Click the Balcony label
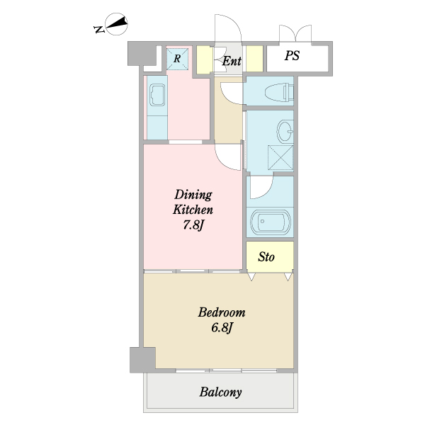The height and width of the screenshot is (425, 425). pos(220,392)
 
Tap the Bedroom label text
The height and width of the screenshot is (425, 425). pos(222,312)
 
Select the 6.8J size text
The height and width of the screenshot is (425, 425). pos(222,328)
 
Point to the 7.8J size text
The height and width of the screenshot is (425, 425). pos(193,225)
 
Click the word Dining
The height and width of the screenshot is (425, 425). pos(193,195)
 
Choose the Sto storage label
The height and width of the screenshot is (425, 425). pos(266,257)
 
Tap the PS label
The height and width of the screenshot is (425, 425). pos(292,56)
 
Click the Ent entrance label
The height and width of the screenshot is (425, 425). pos(232,61)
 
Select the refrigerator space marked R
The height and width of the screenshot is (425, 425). pos(177,59)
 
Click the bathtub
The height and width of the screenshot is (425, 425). pos(271,222)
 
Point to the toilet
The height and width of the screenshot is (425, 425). pos(279,92)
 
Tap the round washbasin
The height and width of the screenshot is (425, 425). pos(285,131)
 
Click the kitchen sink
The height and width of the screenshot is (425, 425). pos(157,95)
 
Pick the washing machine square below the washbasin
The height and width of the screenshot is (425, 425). pos(280,158)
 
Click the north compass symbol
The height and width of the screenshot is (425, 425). pos(117,24)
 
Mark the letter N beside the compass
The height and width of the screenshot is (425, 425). pos(99,29)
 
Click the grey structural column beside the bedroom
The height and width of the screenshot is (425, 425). pos(143,360)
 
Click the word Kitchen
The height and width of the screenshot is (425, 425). pos(193,210)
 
